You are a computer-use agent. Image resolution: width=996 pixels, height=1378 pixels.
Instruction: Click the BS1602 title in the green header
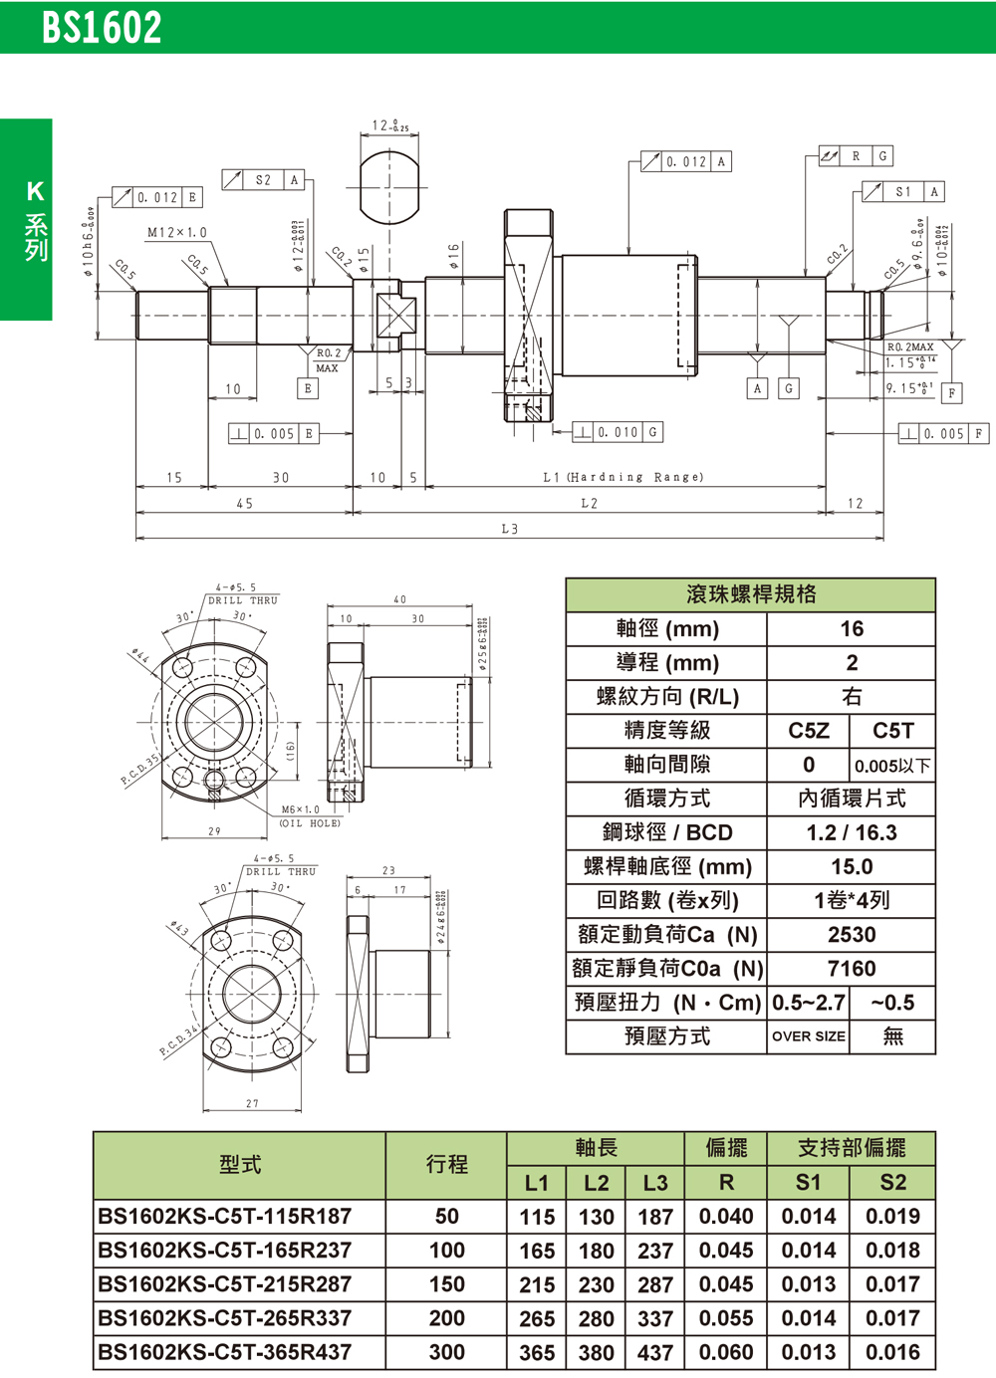102,28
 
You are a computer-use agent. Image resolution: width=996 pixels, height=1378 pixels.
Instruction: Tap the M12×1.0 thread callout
177,233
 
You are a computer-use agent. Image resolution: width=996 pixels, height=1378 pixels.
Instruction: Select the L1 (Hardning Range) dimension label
622,478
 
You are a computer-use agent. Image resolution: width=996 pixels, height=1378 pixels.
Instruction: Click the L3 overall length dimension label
509,530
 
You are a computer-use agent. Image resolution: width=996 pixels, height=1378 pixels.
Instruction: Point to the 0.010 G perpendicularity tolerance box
618,432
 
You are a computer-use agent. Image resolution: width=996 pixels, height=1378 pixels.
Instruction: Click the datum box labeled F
952,393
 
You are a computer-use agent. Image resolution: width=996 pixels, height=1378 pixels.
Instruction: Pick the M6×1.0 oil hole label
301,809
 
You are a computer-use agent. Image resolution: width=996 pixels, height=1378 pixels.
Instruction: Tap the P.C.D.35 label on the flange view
139,771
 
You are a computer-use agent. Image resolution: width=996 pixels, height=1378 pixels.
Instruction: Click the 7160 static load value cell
851,969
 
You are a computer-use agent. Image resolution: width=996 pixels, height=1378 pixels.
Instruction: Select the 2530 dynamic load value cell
851,935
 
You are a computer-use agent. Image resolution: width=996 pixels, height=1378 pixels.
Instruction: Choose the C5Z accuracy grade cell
808,731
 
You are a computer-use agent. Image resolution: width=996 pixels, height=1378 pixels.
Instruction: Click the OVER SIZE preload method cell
808,1036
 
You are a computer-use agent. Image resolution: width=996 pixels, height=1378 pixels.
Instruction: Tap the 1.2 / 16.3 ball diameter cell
851,833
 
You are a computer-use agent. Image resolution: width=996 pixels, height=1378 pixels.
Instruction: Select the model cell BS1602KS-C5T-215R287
225,1284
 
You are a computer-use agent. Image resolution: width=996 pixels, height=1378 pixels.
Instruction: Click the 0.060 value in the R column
725,1352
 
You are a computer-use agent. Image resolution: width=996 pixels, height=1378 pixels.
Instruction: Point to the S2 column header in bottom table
892,1183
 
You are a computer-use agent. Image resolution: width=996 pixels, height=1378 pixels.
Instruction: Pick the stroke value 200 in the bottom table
446,1318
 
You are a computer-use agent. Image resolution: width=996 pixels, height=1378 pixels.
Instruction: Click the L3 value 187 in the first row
654,1217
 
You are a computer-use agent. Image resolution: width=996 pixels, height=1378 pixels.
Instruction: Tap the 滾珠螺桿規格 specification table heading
751,595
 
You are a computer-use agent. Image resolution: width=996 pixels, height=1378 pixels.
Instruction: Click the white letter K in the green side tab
35,191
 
